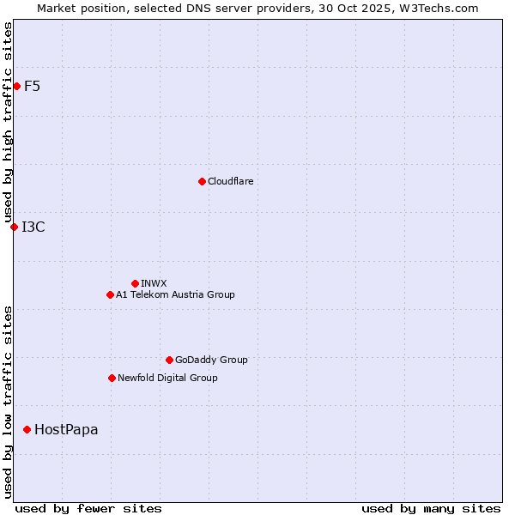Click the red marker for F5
pos(16,86)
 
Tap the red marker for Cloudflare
pos(202,181)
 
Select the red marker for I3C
pos(14,227)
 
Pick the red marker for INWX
pos(135,283)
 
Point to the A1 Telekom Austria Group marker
pos(110,294)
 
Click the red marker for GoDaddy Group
pos(169,360)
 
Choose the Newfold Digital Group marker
pos(112,378)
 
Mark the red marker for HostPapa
pos(27,429)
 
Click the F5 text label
pos(33,86)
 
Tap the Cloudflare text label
pos(230,181)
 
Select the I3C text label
pos(33,227)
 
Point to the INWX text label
pos(154,283)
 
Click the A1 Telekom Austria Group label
pos(175,294)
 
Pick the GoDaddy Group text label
pos(211,360)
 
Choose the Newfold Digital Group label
pos(167,378)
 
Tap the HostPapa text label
pos(66,429)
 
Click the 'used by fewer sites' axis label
pos(88,508)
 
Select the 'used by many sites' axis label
pos(431,508)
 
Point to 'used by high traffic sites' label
pos(9,122)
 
